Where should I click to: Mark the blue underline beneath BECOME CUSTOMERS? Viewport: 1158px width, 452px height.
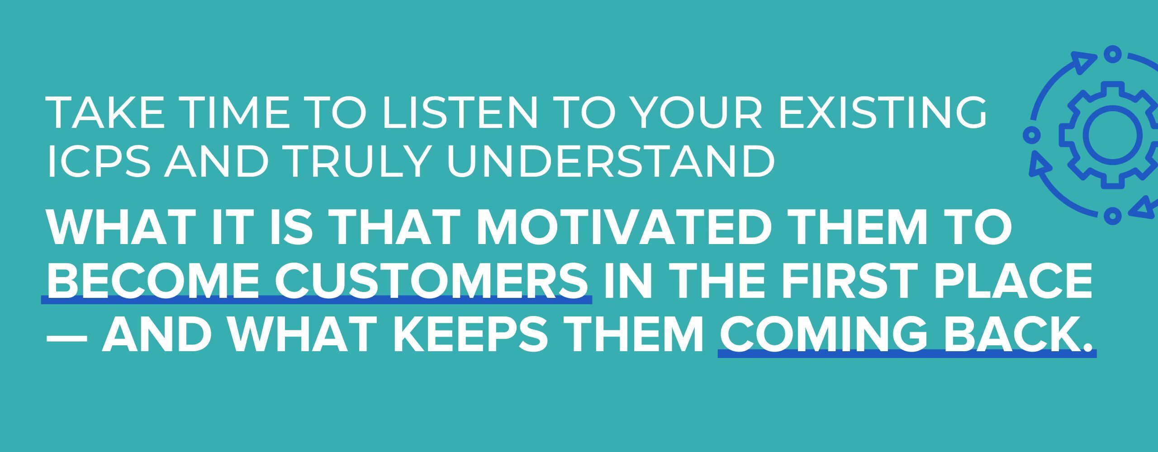[317, 300]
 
